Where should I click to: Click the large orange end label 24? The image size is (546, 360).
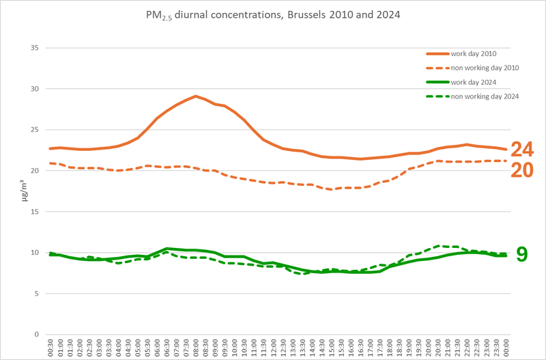click(x=523, y=150)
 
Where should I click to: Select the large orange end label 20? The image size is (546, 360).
click(x=523, y=170)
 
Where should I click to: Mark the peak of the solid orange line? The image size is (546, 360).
click(x=196, y=96)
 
